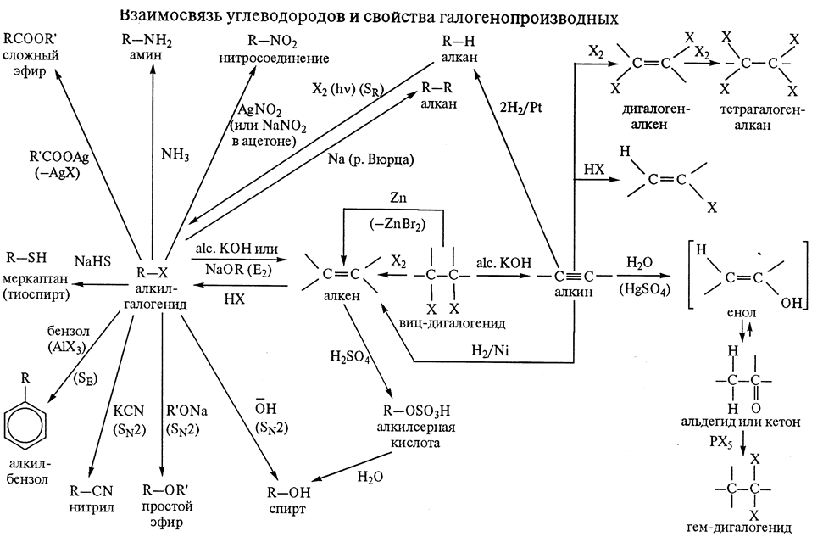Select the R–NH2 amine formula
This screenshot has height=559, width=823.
[153, 39]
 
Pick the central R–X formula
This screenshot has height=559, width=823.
[153, 273]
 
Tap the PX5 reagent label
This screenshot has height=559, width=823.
[723, 442]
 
